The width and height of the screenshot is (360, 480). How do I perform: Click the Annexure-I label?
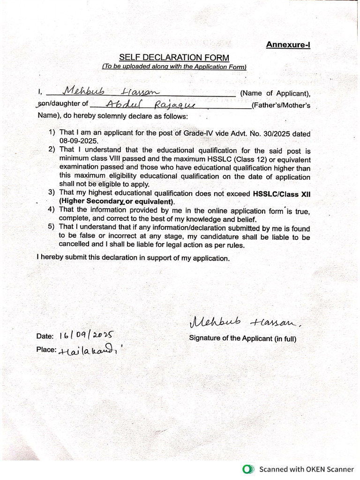point(288,45)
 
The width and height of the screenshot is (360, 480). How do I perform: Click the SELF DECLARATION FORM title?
point(174,58)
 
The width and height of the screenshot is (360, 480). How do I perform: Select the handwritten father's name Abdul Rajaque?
point(147,104)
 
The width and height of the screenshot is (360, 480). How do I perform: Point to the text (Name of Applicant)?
point(275,93)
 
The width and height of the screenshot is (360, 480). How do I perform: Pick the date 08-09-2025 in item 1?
point(78,141)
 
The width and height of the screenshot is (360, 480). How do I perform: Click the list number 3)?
point(52,193)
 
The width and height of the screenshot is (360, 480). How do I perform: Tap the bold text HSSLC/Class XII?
point(281,193)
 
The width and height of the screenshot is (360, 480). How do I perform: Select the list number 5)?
point(52,227)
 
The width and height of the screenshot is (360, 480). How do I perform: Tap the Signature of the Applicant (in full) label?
point(242,338)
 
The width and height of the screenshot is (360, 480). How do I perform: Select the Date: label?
point(45,337)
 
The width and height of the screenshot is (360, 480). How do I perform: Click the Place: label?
point(46,350)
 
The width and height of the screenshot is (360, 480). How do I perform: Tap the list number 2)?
point(52,150)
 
